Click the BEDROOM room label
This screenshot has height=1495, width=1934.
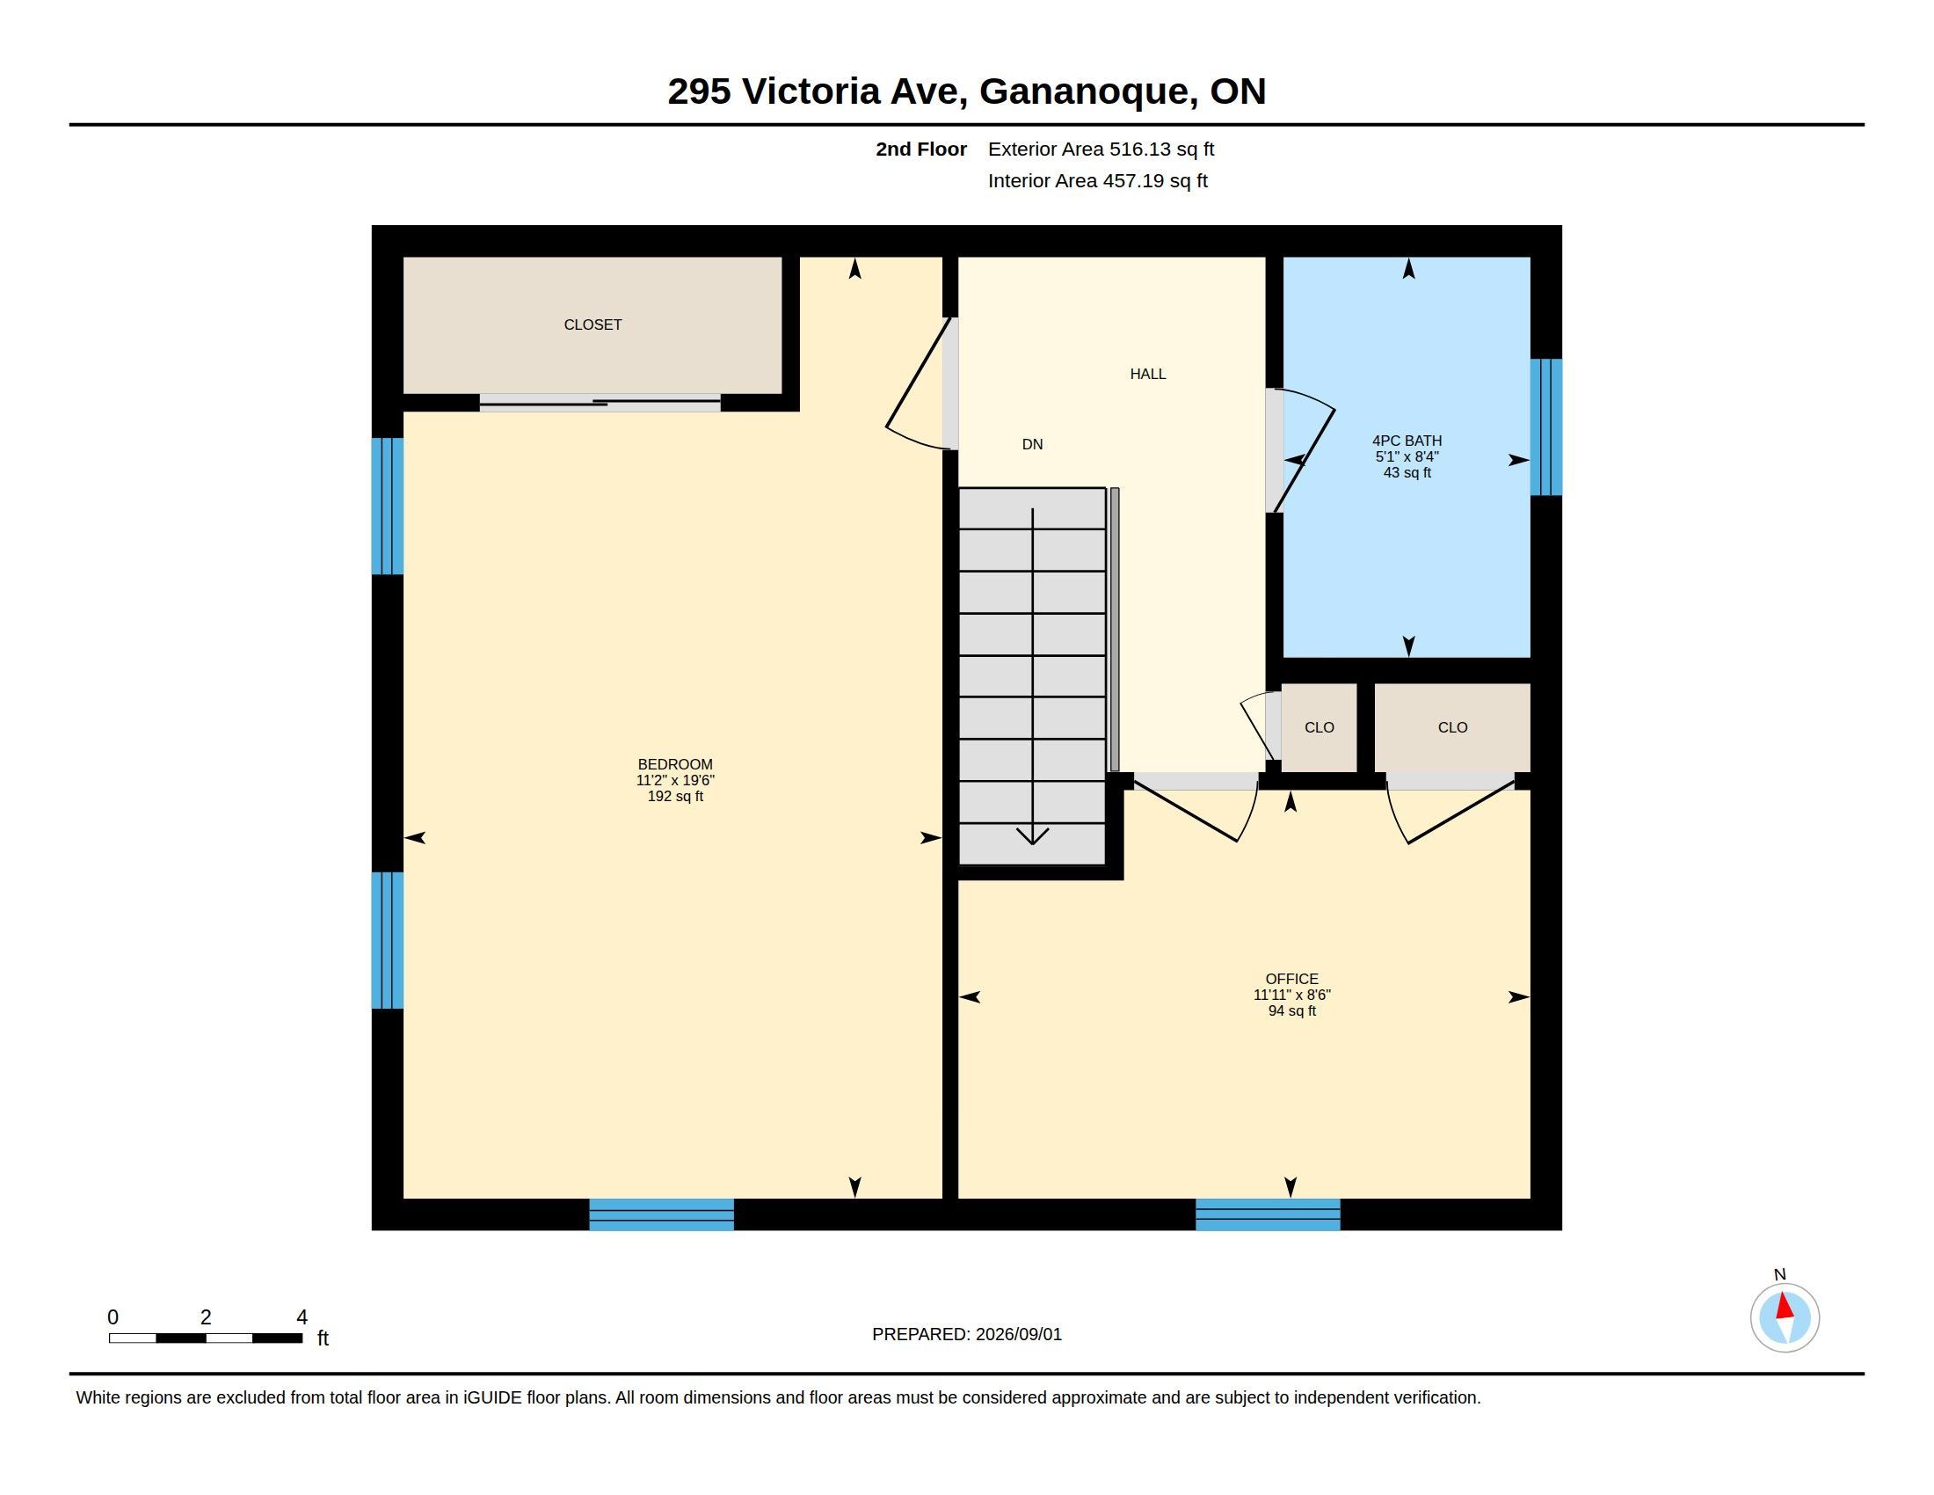(675, 764)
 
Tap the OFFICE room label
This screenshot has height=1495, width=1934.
(1292, 979)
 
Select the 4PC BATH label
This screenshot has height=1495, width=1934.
(1407, 441)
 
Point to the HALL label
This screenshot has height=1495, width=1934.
(1147, 374)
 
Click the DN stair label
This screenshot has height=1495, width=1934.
(1033, 445)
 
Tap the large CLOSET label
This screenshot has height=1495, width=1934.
(593, 325)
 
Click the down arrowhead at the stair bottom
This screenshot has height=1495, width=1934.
(1033, 835)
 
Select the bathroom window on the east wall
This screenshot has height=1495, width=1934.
(1546, 427)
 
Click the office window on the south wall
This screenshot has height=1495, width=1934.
(1268, 1214)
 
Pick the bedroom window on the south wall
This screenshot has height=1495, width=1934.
(661, 1214)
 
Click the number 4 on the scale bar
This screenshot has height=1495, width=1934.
(302, 1317)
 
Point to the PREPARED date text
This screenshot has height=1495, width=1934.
(967, 1334)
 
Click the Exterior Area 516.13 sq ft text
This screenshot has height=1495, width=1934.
(1101, 149)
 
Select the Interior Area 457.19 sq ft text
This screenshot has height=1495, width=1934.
(1098, 180)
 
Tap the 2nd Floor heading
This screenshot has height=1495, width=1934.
(921, 149)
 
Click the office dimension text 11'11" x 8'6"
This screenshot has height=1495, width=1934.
(1292, 995)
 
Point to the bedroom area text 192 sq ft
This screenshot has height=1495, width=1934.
(675, 796)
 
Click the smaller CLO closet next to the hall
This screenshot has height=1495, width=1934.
(1320, 727)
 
